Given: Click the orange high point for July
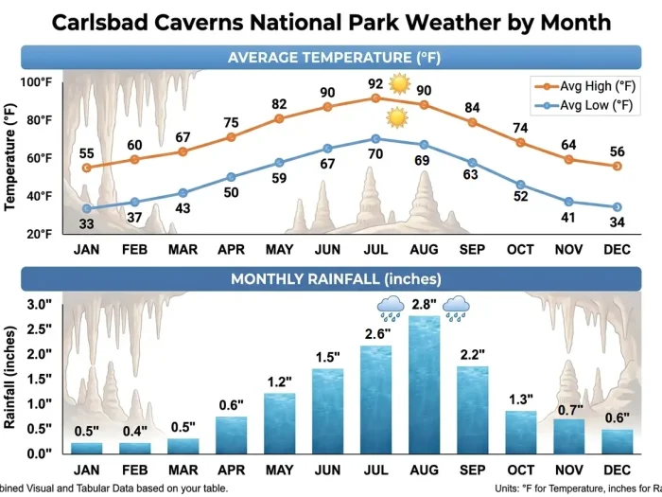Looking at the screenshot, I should click(375, 98).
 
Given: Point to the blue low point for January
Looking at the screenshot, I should click(87, 208).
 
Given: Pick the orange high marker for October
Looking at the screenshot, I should click(520, 142).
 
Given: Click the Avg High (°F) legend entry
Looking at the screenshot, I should click(588, 86).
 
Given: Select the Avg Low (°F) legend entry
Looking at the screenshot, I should click(588, 105).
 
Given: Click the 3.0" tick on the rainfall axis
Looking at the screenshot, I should click(37, 305).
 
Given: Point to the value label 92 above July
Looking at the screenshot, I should click(375, 83).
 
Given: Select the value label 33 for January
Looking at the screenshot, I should click(87, 224).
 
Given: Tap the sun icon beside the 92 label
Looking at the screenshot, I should click(399, 84).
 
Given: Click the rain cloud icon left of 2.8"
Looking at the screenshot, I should click(391, 306).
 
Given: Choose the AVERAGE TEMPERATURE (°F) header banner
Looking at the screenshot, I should click(334, 58).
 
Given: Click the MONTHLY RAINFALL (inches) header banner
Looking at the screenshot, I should click(334, 279).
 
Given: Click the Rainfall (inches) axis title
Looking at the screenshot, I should click(10, 377).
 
